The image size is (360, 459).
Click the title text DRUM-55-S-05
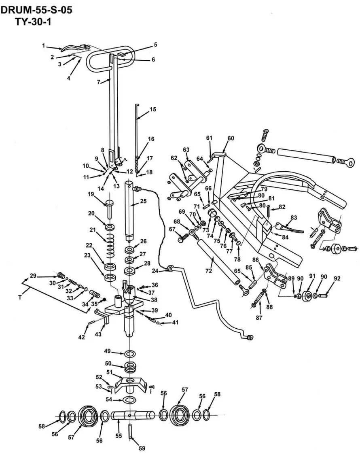coord(37,10)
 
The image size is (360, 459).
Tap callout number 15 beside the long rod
coord(152,109)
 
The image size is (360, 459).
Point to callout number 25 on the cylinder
coord(143,201)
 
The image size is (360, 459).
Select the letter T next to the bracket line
coord(19,297)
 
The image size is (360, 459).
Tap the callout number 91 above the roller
coord(311,276)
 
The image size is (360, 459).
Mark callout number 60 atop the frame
coord(231,138)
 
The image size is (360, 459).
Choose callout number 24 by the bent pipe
coord(155,271)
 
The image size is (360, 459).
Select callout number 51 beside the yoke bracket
coord(109,372)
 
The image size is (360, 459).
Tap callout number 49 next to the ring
coord(108,351)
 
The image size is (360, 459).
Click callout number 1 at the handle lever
coord(43,46)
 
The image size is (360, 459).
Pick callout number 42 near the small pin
coord(82,337)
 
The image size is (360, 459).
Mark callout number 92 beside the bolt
coord(337,278)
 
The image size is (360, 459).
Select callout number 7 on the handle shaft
coord(99,82)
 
